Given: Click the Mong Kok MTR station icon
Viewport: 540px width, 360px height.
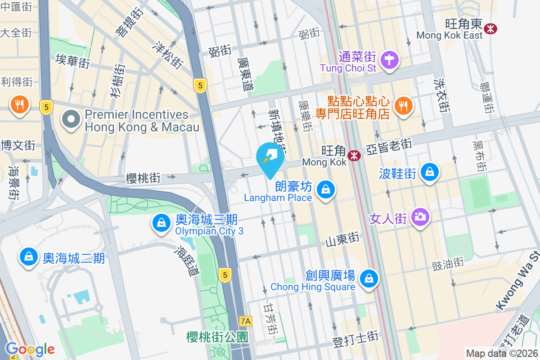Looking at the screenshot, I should point(355,156).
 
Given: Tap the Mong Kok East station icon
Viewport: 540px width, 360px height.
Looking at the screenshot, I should point(490,28).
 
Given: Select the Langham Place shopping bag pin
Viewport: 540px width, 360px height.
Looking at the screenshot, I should point(325,189).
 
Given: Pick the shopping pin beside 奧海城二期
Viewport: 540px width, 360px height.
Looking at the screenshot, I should point(29,257).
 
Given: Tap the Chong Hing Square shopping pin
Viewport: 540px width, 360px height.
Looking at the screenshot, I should point(369,278).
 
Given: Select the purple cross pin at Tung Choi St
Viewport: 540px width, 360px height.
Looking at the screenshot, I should point(389,60).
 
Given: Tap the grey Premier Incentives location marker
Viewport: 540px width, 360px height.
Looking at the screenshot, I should point(71,120).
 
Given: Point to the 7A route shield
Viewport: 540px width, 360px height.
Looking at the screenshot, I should point(246,321).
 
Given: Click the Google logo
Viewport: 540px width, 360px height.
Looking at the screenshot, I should point(30,349).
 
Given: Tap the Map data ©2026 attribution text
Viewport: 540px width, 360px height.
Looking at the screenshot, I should point(501,353).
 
